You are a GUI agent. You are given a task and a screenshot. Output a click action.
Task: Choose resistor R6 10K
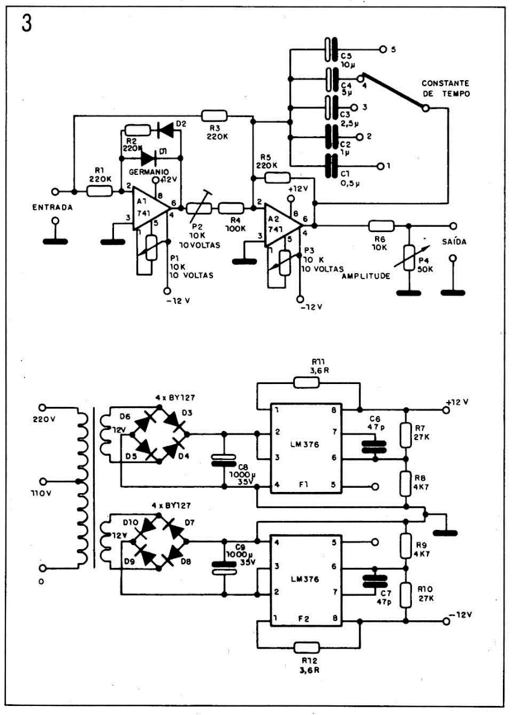click(381, 226)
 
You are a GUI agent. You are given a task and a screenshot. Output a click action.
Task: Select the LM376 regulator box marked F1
click(305, 449)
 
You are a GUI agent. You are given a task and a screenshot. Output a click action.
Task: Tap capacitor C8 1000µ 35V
click(224, 463)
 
